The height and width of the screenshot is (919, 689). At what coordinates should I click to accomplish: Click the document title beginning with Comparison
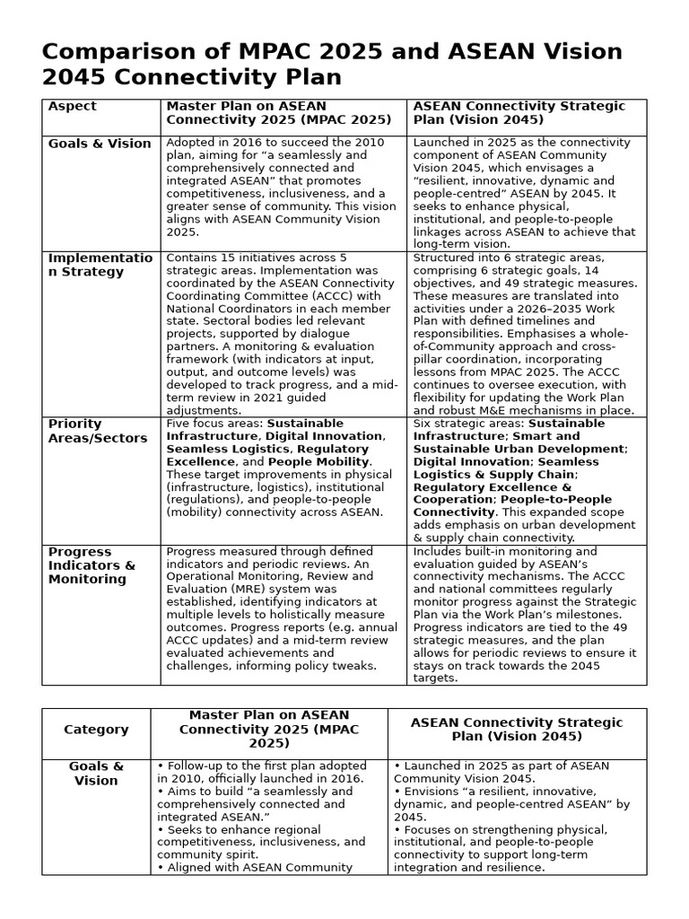click(332, 64)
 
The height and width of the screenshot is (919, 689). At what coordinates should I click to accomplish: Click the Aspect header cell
click(72, 107)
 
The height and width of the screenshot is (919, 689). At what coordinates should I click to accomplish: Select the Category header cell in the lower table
click(96, 730)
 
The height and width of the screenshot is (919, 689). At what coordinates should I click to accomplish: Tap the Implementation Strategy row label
click(100, 265)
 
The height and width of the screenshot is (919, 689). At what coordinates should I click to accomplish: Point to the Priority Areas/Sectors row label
click(97, 431)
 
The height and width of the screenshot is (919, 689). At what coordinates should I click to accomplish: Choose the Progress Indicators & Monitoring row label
click(92, 565)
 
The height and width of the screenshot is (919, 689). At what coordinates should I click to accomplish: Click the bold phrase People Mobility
click(318, 461)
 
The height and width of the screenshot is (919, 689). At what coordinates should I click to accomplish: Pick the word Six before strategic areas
click(423, 424)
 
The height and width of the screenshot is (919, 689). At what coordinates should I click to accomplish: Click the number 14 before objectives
click(591, 270)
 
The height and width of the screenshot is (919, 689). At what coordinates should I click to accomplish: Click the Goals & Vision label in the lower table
click(96, 774)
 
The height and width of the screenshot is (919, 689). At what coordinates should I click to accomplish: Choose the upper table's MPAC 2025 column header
click(279, 113)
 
